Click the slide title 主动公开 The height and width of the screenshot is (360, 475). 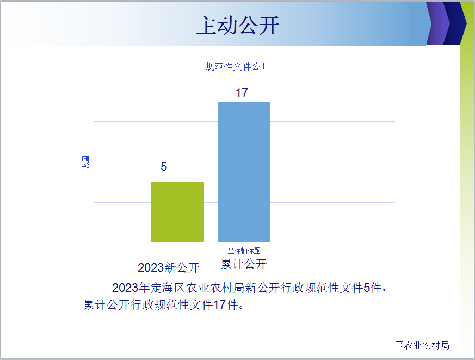point(238,26)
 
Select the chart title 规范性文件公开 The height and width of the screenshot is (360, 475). point(237,66)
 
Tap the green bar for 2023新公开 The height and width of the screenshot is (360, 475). point(177,212)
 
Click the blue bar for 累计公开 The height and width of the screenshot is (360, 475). point(244,172)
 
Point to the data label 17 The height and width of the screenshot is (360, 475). point(242,93)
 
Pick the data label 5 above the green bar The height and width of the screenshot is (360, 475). point(164,167)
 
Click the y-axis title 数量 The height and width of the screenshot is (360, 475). point(85,162)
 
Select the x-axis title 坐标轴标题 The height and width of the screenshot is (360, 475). point(244,251)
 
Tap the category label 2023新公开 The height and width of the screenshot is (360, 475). point(169,267)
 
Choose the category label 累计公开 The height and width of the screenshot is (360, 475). point(244,264)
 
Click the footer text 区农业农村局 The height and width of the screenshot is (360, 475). point(422,345)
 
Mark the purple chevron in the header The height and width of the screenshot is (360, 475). point(438,23)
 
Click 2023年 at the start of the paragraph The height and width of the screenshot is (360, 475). point(131,288)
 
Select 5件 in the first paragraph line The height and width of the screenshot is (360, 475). point(372,288)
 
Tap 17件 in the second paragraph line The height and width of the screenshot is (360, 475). point(226,304)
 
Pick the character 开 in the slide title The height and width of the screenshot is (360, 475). point(269,26)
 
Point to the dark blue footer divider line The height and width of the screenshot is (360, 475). point(240,340)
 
